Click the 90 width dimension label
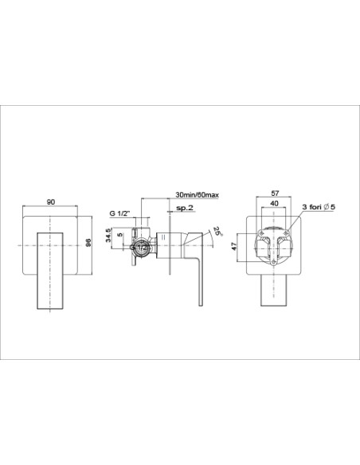pyautogui.click(x=51, y=202)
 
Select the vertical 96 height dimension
pyautogui.click(x=88, y=242)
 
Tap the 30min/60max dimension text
pyautogui.click(x=198, y=195)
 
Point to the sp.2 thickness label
pyautogui.click(x=185, y=208)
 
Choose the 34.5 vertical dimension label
pyautogui.click(x=108, y=235)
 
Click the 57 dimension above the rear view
pyautogui.click(x=275, y=193)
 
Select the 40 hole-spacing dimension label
pyautogui.click(x=274, y=204)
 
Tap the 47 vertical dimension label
pyautogui.click(x=234, y=246)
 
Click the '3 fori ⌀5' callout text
pyautogui.click(x=319, y=207)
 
